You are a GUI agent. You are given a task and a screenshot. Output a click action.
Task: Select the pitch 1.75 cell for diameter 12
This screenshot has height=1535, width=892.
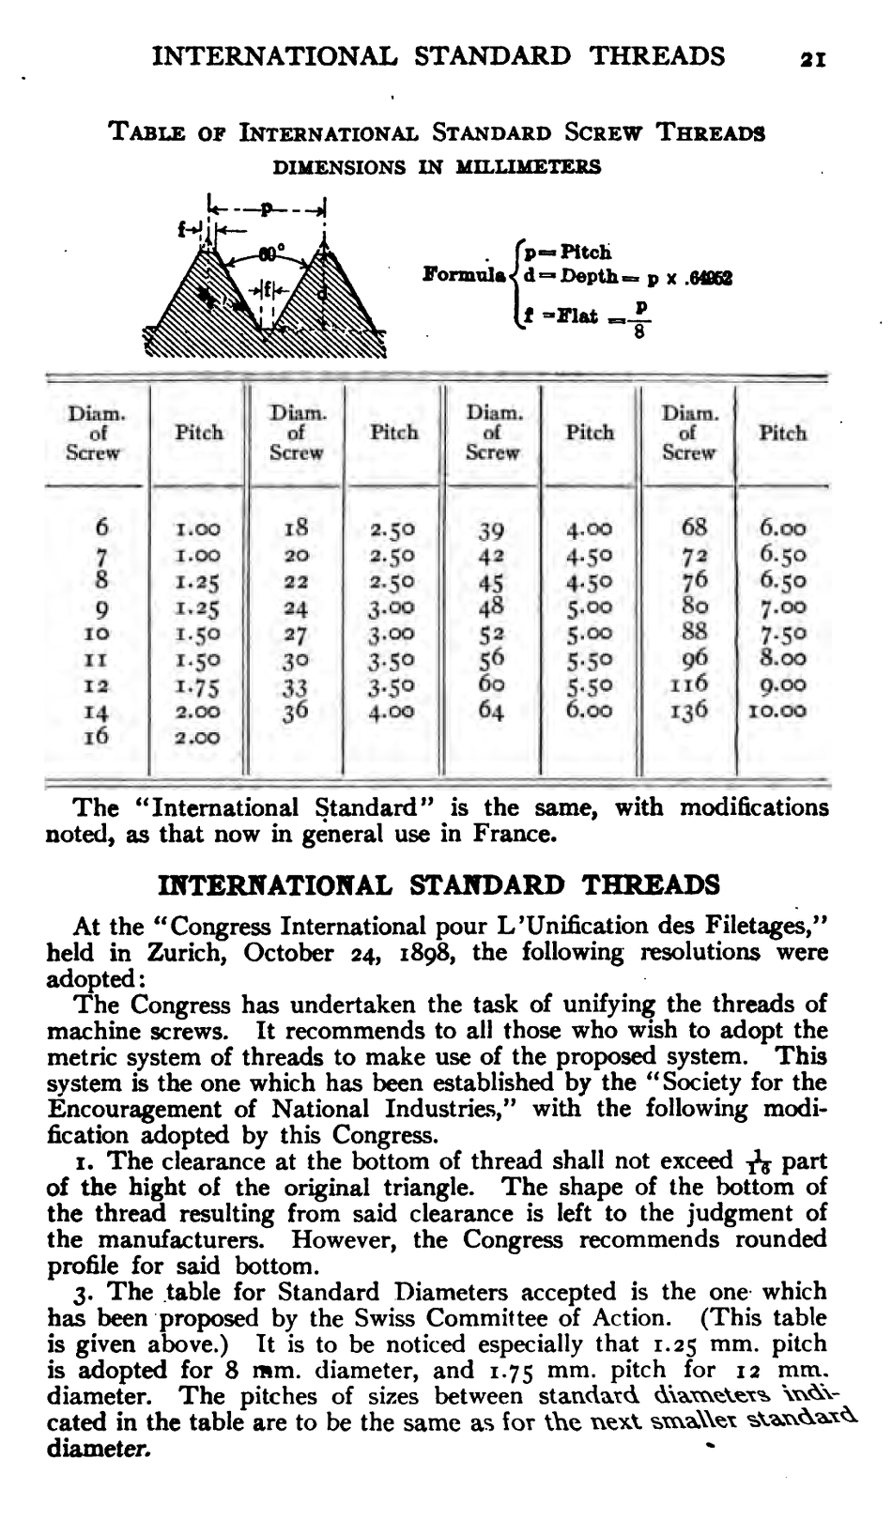pyautogui.click(x=199, y=685)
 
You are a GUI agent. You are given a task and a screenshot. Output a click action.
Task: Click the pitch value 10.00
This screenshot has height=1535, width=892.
pyautogui.click(x=783, y=711)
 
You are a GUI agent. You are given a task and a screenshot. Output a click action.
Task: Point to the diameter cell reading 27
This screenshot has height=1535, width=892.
pyautogui.click(x=297, y=633)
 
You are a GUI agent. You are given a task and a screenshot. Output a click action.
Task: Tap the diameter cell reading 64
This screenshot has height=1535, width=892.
pyautogui.click(x=492, y=711)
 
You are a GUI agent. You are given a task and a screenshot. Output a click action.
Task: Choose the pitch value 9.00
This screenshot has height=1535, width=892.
pyautogui.click(x=783, y=685)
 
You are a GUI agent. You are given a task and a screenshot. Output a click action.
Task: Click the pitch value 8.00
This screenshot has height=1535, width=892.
pyautogui.click(x=783, y=659)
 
